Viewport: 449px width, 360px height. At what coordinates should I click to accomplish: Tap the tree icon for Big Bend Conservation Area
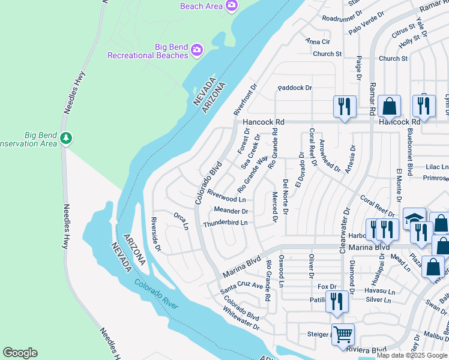point(66,139)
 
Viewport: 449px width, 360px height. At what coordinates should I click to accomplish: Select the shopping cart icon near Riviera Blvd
point(343,334)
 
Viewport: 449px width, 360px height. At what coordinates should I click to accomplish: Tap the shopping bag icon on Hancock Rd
point(390,106)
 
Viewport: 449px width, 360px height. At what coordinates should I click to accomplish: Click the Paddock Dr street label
point(295,88)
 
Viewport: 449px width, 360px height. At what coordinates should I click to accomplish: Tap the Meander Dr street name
point(231,211)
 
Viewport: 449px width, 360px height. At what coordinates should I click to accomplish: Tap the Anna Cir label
point(318,41)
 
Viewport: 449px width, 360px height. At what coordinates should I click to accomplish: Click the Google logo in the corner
point(20,353)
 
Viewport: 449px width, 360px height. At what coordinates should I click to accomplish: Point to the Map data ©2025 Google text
point(412,355)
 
